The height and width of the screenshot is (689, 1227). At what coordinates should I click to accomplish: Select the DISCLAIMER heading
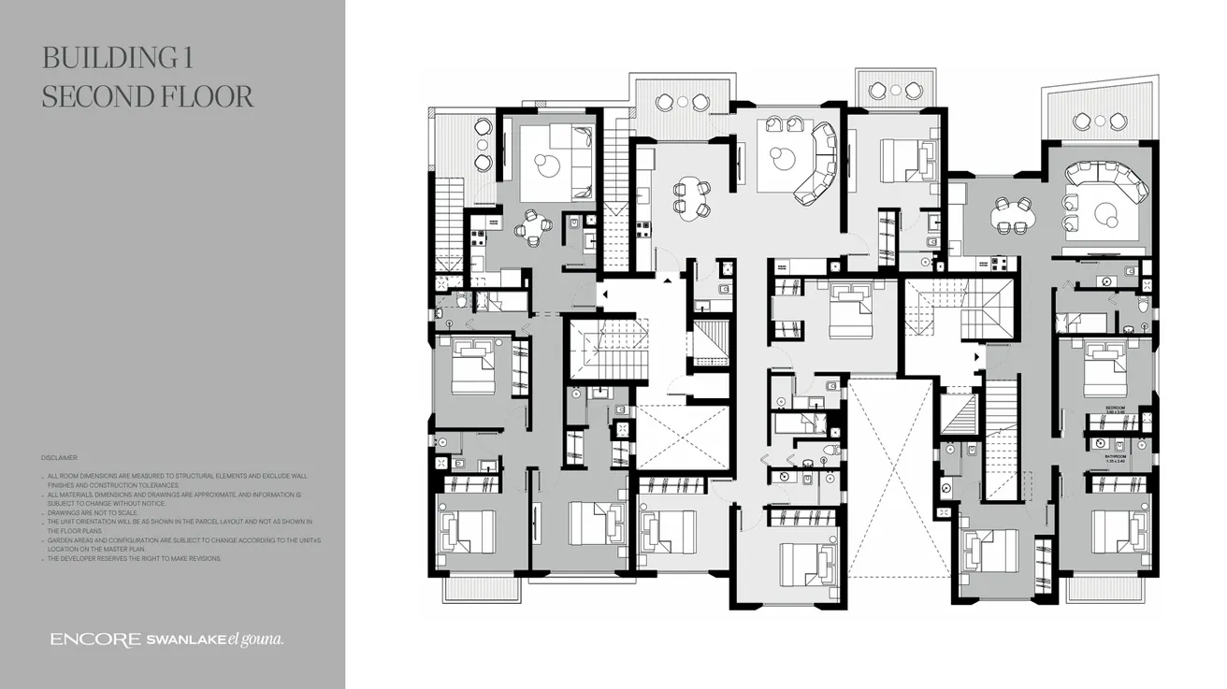point(60,458)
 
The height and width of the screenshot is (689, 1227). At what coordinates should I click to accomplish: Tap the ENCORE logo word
point(95,639)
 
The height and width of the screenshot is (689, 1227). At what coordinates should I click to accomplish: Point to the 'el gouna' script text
point(256,639)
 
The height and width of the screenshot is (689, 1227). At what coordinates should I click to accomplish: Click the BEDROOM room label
point(1115,408)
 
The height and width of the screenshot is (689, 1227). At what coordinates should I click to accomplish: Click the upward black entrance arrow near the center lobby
point(668,280)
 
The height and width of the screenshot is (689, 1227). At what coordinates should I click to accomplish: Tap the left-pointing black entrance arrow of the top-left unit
point(605,295)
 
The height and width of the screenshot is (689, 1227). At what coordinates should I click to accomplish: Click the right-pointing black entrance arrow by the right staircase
point(978,357)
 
